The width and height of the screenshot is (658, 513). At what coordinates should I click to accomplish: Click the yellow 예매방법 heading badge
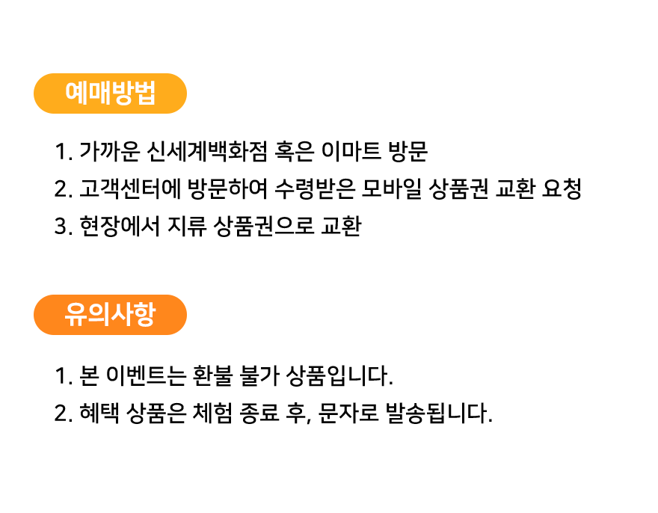110,93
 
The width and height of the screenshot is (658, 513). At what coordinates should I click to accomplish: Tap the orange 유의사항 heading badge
110,315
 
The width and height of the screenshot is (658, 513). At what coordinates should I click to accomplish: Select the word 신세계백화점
207,151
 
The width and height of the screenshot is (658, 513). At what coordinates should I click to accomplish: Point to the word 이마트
351,151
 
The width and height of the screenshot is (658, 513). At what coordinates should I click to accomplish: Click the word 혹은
294,151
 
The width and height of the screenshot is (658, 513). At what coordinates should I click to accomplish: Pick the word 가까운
109,151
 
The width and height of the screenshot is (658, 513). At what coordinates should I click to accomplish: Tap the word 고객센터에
129,189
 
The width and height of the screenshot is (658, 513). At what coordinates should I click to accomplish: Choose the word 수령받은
315,189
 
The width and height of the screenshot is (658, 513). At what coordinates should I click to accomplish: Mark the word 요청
562,189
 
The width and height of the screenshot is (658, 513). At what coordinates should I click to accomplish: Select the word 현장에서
120,227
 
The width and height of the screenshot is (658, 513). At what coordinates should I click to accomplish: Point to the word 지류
187,227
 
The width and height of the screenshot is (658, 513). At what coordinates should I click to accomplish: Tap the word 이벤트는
146,375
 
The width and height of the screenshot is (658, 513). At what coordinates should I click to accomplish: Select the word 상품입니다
339,375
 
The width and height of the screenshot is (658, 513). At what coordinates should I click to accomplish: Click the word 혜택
99,413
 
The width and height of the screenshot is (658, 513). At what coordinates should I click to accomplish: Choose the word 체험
212,413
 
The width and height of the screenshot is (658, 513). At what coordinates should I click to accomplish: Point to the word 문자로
348,413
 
